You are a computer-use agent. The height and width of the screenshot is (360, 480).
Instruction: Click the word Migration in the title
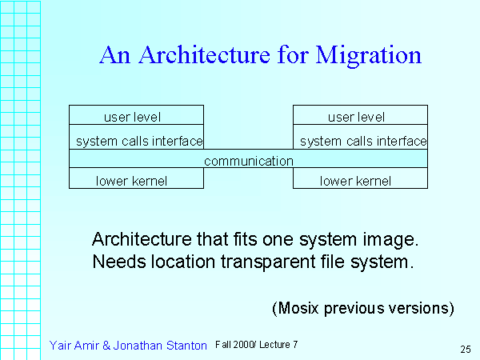tap(369, 56)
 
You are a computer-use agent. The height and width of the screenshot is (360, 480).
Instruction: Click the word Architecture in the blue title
tap(205, 54)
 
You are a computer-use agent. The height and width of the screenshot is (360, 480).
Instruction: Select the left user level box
tap(136, 114)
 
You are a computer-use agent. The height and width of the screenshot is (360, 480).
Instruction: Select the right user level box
tap(360, 114)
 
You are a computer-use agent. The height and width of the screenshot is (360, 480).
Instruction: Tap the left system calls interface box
tap(136, 137)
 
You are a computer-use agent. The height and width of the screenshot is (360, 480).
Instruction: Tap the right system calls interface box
tap(360, 137)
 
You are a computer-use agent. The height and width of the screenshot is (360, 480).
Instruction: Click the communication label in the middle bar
tap(249, 161)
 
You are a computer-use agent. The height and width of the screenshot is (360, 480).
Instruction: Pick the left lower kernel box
tap(136, 178)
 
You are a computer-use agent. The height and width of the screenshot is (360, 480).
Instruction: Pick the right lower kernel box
tap(360, 178)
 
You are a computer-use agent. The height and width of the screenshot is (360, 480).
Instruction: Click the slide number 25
tap(466, 350)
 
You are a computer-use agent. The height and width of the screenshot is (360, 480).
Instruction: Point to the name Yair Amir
tap(74, 346)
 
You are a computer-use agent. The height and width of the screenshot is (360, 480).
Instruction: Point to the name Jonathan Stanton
tap(160, 346)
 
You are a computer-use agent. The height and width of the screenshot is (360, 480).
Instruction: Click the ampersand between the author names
tap(106, 346)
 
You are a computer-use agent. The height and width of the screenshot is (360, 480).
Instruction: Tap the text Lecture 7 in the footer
tap(278, 345)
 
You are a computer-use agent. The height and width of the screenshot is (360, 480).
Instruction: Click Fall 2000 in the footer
tap(234, 345)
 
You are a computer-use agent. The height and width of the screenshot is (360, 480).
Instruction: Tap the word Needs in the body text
tap(119, 262)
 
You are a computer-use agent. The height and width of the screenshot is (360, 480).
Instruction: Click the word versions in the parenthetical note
tap(418, 308)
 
